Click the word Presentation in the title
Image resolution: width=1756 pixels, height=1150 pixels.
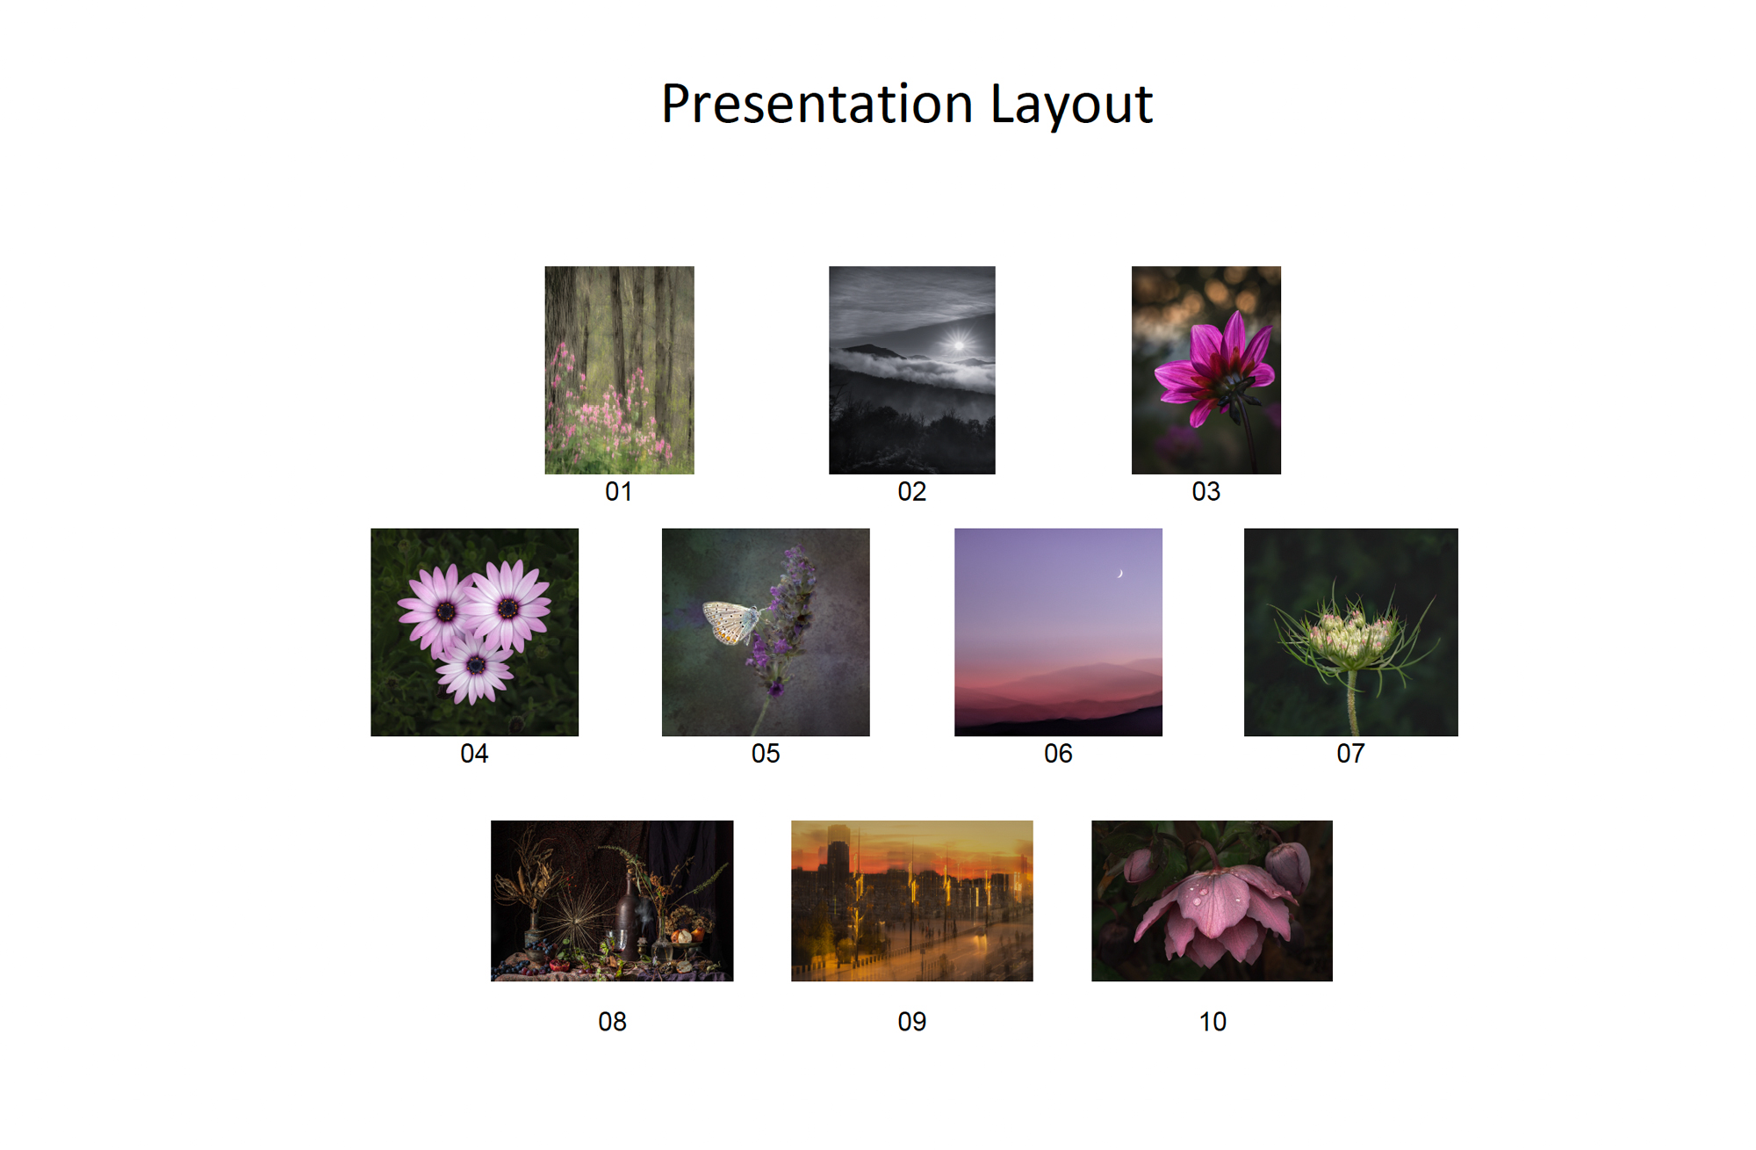(817, 105)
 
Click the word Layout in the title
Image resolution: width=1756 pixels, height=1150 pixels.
(1071, 105)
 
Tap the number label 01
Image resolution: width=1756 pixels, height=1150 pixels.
(618, 491)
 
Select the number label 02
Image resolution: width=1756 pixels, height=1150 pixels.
(911, 491)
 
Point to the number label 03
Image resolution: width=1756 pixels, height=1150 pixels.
(1205, 491)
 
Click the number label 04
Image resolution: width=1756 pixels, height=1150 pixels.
(474, 753)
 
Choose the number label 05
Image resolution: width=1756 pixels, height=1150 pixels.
(766, 753)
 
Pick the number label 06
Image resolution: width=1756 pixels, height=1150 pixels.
(1058, 753)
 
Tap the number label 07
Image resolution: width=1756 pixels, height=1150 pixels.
(1350, 753)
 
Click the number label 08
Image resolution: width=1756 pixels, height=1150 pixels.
(612, 1021)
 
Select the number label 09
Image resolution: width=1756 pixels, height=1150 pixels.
(911, 1021)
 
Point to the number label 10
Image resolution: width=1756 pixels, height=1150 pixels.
(1213, 1021)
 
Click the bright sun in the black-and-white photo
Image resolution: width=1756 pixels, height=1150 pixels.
(959, 344)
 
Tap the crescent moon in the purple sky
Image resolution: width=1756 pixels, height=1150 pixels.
(1120, 574)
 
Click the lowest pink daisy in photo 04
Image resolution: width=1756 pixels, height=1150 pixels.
(475, 668)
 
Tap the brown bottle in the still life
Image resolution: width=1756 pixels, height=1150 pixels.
(627, 919)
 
